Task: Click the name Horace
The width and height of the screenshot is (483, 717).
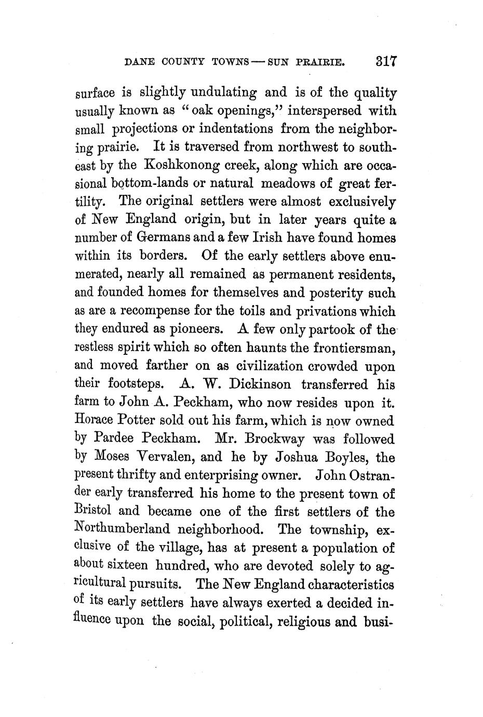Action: click(x=94, y=420)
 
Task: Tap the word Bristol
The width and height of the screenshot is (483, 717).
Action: click(x=93, y=511)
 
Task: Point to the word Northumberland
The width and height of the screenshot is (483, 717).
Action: click(x=123, y=529)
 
